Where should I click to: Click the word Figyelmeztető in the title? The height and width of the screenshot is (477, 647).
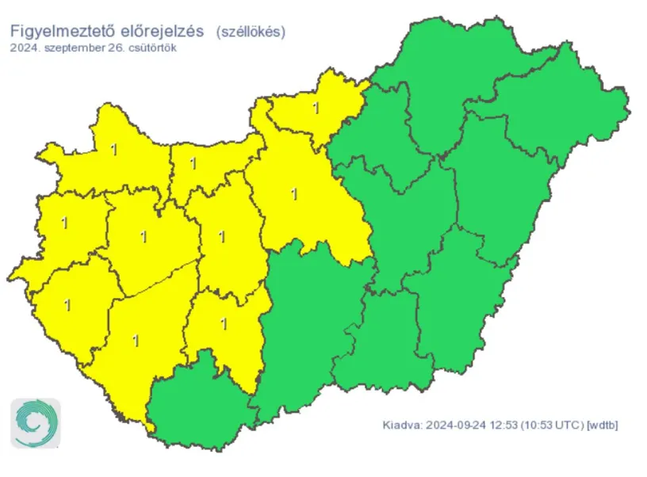tap(62, 32)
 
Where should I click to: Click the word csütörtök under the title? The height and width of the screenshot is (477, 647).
tap(151, 48)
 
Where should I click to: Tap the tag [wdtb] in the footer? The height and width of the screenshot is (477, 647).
tap(601, 425)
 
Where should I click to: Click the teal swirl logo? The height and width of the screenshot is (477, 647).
tap(35, 423)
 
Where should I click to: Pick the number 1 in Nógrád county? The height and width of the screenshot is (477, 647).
tap(316, 109)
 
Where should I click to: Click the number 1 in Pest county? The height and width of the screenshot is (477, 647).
tap(296, 193)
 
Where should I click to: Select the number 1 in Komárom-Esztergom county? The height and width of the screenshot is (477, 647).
tap(193, 164)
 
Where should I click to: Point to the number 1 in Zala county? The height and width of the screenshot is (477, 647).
tap(67, 304)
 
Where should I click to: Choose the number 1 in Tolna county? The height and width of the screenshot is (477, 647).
tap(224, 323)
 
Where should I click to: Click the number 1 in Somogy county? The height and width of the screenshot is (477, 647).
tap(136, 341)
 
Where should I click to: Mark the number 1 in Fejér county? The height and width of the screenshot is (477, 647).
tap(221, 236)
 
